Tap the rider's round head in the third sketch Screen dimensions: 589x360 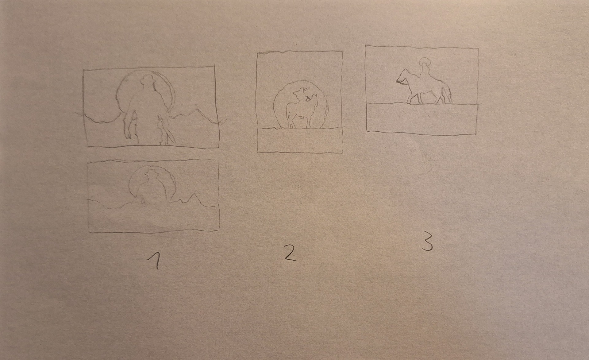[425, 63]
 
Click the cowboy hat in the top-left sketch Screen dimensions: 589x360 [148, 80]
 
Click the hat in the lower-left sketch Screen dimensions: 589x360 [151, 174]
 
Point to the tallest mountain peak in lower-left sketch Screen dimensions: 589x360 [193, 195]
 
